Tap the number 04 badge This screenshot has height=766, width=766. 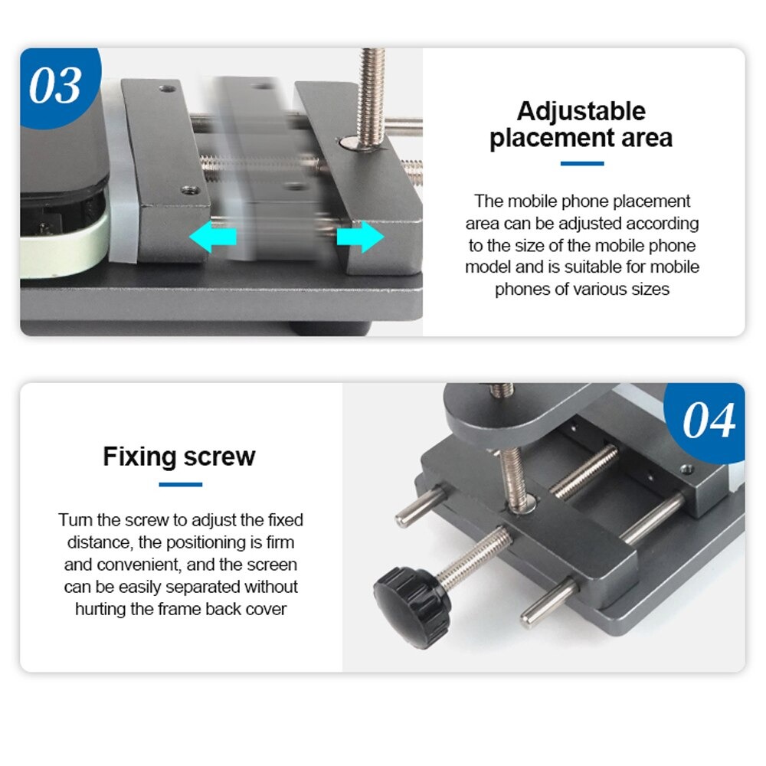click(709, 421)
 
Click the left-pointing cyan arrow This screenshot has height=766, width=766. click(213, 238)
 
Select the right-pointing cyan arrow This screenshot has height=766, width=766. click(361, 237)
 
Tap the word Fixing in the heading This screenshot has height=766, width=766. click(139, 457)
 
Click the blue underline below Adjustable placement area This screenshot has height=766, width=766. click(581, 163)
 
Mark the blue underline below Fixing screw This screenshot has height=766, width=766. click(181, 484)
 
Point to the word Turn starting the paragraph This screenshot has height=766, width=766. click(74, 520)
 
